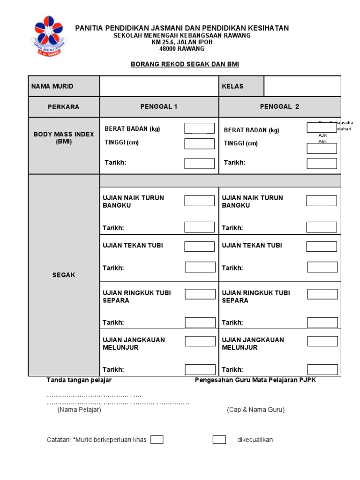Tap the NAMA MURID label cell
(x=52, y=86)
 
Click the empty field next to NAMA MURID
(x=159, y=86)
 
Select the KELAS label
(x=232, y=86)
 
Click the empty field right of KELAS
(x=302, y=86)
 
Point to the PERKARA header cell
(x=64, y=107)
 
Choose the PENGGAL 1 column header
(x=159, y=106)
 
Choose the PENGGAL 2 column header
(x=279, y=106)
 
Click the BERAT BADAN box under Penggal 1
(x=199, y=128)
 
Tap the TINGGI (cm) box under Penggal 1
(x=199, y=143)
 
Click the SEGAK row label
(x=64, y=275)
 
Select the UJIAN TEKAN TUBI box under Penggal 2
(x=322, y=247)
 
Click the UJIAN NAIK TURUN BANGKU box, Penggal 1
(x=199, y=201)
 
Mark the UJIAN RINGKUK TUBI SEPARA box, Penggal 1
(x=200, y=294)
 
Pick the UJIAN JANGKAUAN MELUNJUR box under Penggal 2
(x=322, y=341)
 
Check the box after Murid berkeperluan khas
(x=157, y=440)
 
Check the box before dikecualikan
(x=219, y=440)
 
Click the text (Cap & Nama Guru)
(x=255, y=410)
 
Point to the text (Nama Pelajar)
(x=79, y=410)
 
